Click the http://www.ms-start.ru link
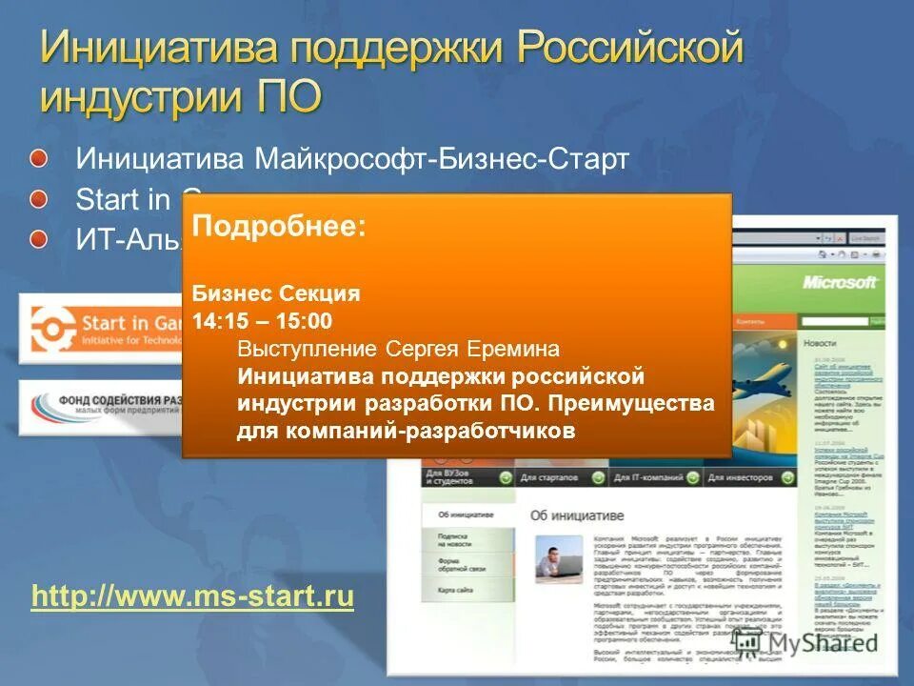[192, 597]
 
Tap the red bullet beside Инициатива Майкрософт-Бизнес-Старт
[37, 156]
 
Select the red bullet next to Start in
[37, 198]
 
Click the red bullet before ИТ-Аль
[37, 239]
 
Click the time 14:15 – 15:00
[262, 320]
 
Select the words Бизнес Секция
[276, 293]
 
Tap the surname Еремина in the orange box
[512, 348]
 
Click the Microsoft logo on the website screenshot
[840, 282]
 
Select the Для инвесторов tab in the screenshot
[737, 477]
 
